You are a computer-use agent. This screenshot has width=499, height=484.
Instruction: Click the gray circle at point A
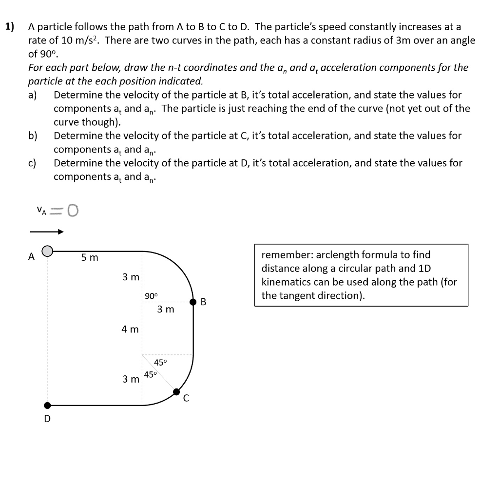[47, 251]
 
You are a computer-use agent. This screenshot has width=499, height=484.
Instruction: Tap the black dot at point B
[193, 302]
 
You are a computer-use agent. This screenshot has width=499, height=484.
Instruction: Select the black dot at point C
[177, 391]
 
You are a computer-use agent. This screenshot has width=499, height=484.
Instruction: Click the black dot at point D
[47, 405]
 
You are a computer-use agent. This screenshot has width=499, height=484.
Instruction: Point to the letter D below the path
[47, 419]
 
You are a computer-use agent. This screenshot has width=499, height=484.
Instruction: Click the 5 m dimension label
[90, 257]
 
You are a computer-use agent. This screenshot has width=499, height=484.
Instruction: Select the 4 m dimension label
[130, 329]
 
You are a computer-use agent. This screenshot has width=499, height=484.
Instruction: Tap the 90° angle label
[152, 296]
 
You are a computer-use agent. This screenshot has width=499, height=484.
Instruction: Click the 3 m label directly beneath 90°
[166, 310]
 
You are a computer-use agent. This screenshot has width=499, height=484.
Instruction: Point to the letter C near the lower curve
[186, 398]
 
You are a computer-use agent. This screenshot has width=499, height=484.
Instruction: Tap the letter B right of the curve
[204, 302]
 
